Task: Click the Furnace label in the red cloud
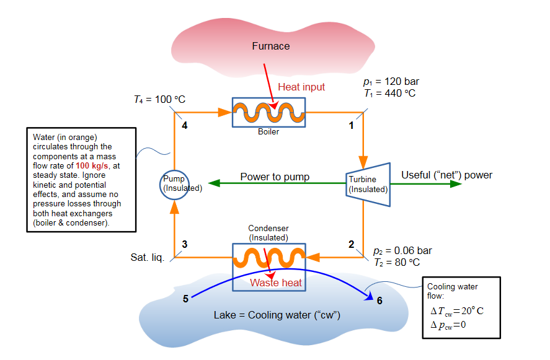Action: [270, 46]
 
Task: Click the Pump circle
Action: [174, 184]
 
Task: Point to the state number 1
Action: [351, 126]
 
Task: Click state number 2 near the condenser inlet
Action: [351, 244]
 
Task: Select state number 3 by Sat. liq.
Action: [185, 244]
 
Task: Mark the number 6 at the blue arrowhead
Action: [379, 301]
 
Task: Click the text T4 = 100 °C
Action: [159, 99]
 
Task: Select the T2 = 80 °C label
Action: [397, 262]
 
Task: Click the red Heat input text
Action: [301, 87]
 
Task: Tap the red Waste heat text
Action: [276, 283]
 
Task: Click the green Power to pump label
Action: [275, 177]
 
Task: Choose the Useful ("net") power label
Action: [446, 175]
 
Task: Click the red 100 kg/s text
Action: [91, 166]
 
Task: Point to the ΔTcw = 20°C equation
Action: [456, 310]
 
